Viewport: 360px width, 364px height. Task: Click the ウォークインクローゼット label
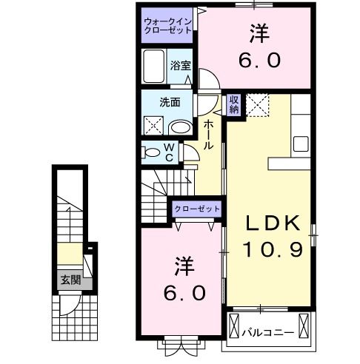click(x=168, y=26)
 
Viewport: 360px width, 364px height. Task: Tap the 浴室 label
click(x=180, y=65)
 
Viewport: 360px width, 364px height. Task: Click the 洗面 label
click(x=170, y=103)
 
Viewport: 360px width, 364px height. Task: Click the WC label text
click(x=169, y=152)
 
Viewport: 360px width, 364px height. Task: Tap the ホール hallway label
click(x=210, y=135)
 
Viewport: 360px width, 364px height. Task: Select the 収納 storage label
click(x=233, y=104)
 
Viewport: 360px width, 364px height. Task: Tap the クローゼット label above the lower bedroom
click(x=198, y=209)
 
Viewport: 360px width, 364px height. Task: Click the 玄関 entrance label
click(x=70, y=280)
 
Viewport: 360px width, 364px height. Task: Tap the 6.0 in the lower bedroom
click(x=184, y=292)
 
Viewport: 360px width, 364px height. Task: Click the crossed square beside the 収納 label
click(x=259, y=104)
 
